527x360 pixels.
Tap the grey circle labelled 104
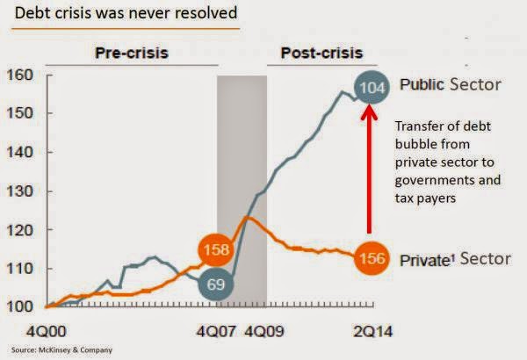372,88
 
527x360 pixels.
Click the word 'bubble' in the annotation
411,144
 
